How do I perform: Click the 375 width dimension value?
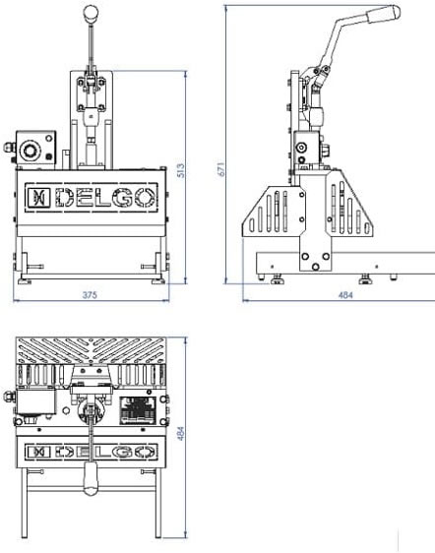[x=90, y=295]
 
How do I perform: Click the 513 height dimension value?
[x=180, y=170]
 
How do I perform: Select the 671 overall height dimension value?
[x=220, y=169]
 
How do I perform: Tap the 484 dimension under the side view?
[x=345, y=295]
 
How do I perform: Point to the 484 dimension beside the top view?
[x=180, y=433]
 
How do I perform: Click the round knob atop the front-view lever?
[x=91, y=13]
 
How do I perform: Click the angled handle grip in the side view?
[x=384, y=14]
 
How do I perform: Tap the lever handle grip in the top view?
[x=91, y=478]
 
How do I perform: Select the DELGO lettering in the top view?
[x=105, y=452]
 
